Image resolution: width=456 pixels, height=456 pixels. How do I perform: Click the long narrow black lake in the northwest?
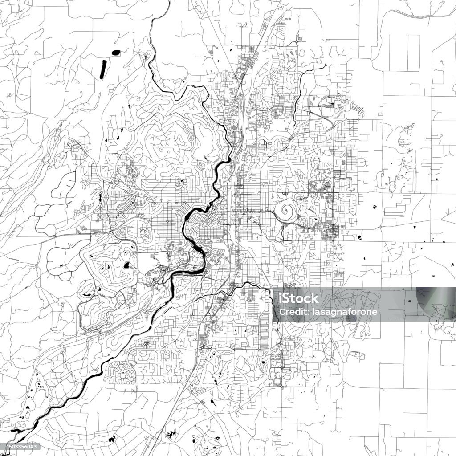(x=103, y=69)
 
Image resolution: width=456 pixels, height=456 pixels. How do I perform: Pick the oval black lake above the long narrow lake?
(x=115, y=53)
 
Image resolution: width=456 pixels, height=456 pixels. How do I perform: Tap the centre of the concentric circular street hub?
(x=120, y=214)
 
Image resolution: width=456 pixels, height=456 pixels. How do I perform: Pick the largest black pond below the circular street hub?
(x=126, y=266)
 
